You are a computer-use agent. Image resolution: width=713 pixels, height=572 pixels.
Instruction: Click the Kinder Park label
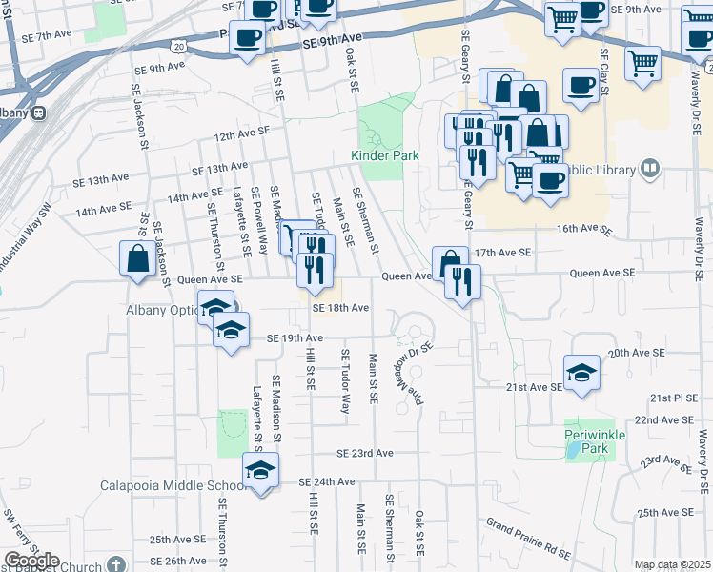point(385,154)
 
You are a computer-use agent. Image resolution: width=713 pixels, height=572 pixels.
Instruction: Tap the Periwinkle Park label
point(593,440)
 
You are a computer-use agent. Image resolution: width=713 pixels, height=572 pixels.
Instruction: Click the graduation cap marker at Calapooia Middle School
point(260,469)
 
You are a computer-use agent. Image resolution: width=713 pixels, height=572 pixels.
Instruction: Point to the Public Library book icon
point(650,169)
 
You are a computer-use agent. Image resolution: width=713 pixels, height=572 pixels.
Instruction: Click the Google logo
point(31,561)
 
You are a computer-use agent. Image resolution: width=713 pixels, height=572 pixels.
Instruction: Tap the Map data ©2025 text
point(673,564)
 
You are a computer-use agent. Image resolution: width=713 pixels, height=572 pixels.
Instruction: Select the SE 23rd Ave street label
point(364,453)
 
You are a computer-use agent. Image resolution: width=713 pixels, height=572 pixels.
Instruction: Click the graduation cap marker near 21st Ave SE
point(581,371)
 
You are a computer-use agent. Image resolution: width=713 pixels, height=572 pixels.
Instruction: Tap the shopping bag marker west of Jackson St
point(138,257)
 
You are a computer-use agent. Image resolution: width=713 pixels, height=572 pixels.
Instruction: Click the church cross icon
point(116,564)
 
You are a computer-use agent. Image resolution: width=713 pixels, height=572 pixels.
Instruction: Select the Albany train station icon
point(39,112)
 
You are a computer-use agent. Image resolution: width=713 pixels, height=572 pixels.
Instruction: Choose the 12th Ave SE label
point(242,136)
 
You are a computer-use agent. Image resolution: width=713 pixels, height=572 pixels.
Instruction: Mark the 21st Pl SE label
point(673,397)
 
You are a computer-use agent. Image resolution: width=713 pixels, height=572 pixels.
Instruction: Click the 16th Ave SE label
point(582,229)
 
